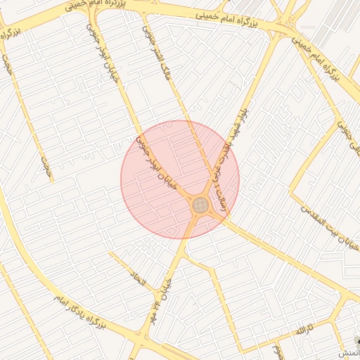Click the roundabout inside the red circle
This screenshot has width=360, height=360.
click(200, 205)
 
